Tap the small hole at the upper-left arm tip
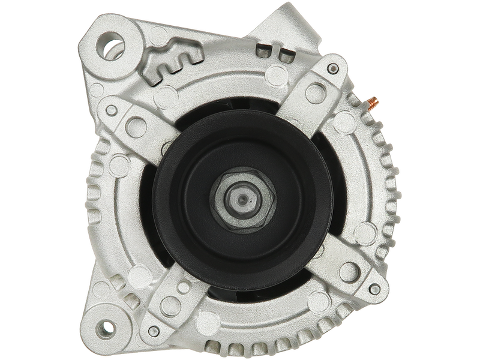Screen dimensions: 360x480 [x=111, y=110]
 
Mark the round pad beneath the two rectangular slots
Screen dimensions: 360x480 [x=276, y=75]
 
